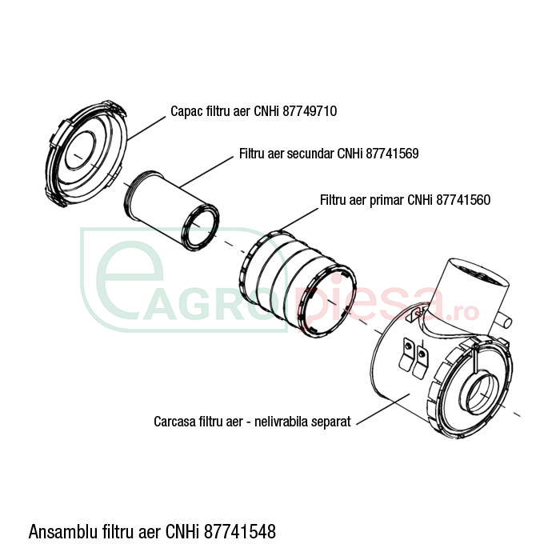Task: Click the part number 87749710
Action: (310, 111)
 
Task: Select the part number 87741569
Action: (392, 154)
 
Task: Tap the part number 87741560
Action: (463, 200)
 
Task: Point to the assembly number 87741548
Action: (240, 531)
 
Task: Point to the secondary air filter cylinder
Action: (172, 210)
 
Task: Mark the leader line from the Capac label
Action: (146, 128)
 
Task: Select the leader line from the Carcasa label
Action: (383, 409)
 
